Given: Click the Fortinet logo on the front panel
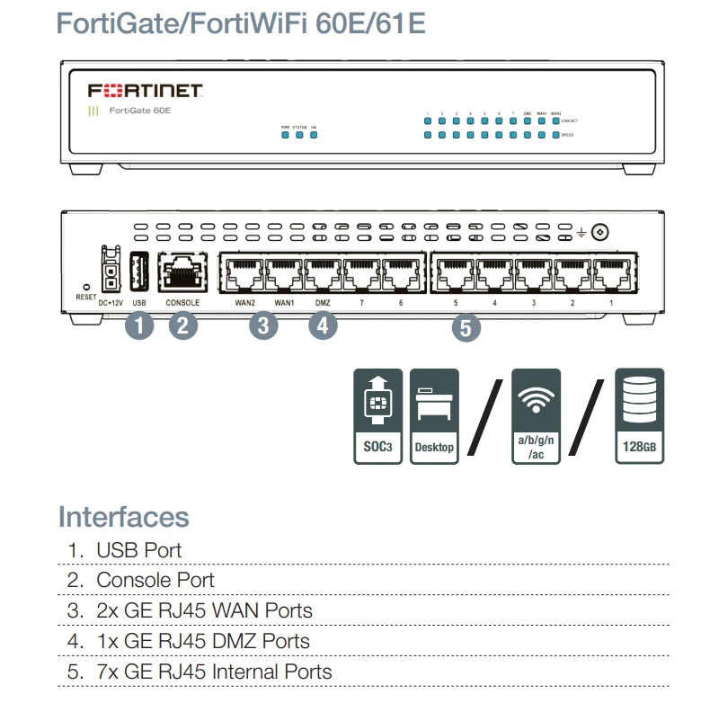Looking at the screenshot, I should pos(146,92).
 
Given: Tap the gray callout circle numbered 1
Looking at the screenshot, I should pos(139,325).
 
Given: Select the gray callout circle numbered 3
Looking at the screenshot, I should pos(262,325).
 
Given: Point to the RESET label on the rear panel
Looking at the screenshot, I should pos(85,296).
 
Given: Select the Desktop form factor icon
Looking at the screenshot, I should pos(434,415).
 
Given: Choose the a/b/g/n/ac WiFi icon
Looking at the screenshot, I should pos(536,415).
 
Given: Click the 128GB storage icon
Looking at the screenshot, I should pos(639,415).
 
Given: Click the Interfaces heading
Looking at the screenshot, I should pos(123,517).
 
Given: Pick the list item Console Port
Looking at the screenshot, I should pos(155,580).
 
